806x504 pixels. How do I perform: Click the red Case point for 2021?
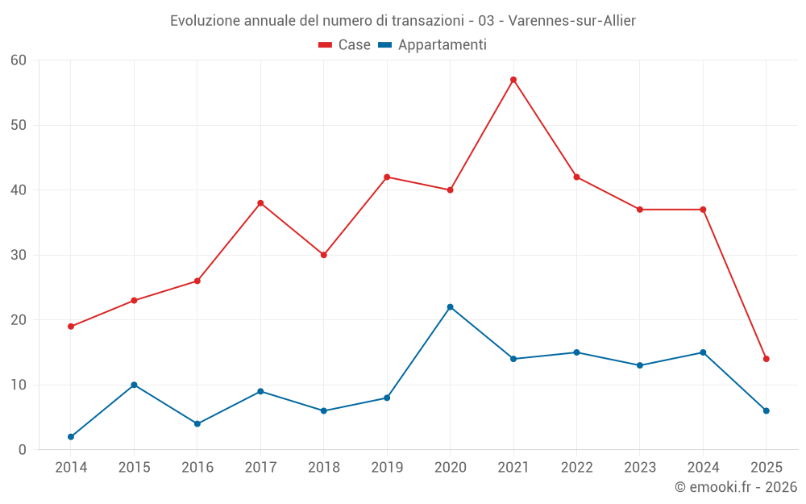coord(513,80)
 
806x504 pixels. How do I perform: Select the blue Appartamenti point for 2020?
coord(450,307)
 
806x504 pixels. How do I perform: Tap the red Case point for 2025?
coord(767,359)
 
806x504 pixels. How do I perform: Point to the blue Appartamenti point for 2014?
coord(71,437)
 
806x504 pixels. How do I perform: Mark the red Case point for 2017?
coord(260,203)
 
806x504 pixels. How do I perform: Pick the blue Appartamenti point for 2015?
coord(134,385)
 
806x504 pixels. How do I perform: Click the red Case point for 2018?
coord(323,255)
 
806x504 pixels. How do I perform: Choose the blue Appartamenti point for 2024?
coord(703,352)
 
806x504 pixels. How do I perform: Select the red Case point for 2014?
coord(71,327)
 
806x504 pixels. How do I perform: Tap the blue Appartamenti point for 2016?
coord(197,424)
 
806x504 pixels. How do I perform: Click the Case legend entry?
coord(344,45)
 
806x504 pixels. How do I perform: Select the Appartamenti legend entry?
coord(432,45)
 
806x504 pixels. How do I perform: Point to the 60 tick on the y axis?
coord(19,60)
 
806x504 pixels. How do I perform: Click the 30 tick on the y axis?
coord(19,255)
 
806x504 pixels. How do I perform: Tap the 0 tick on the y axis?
coord(23,450)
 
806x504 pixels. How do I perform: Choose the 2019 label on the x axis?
coord(387,468)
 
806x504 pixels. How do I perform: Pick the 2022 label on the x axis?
coord(576,468)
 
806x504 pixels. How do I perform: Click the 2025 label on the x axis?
coord(767,468)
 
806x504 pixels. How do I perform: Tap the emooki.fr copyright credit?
coord(736,487)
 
